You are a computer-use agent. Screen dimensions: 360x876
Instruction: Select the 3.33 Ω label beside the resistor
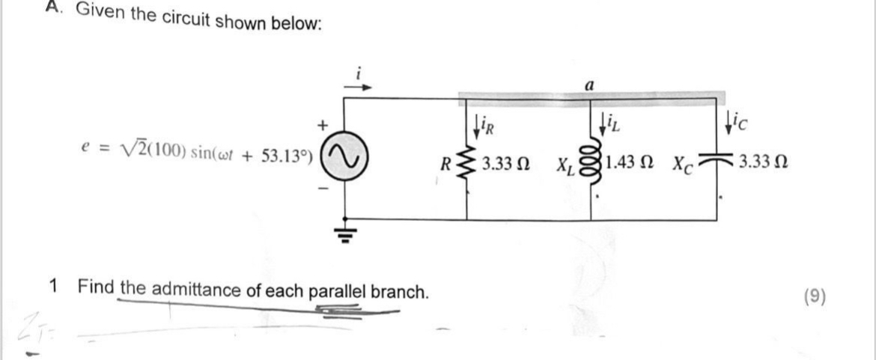tap(507, 162)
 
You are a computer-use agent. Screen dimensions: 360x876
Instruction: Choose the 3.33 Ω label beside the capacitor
tap(757, 162)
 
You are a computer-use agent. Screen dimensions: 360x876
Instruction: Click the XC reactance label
tap(687, 163)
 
